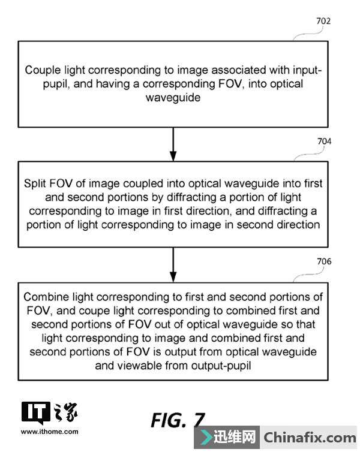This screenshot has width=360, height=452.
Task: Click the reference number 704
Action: tap(324, 142)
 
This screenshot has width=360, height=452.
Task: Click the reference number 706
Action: tap(324, 261)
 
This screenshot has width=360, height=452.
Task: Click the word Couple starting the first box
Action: tap(41, 71)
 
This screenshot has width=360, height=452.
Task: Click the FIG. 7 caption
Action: tap(178, 420)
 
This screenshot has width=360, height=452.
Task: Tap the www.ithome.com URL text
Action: tap(49, 431)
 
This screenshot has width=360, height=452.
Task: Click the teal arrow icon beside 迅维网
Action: tap(205, 438)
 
